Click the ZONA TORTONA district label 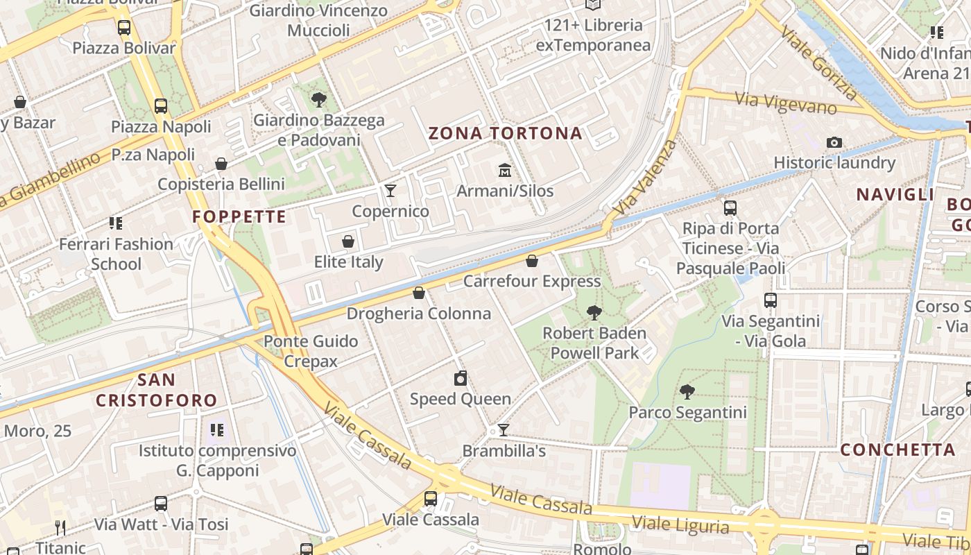click(x=506, y=133)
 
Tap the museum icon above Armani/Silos click(x=504, y=170)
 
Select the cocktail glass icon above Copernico click(x=390, y=190)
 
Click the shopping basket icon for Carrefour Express click(x=531, y=261)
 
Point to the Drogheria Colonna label click(x=418, y=314)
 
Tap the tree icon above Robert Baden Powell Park click(x=594, y=313)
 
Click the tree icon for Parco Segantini click(x=687, y=392)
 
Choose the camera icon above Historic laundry click(x=834, y=143)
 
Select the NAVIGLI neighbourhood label click(x=895, y=195)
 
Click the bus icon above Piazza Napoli click(x=161, y=106)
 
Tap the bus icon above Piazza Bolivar click(x=124, y=28)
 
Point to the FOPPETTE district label click(x=239, y=216)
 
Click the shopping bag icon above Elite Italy click(x=348, y=241)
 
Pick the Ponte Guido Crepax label click(x=311, y=351)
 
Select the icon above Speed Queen click(x=460, y=378)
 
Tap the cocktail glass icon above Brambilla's click(x=504, y=430)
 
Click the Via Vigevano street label click(x=786, y=103)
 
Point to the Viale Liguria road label click(x=680, y=522)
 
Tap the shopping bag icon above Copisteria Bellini click(x=221, y=164)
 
